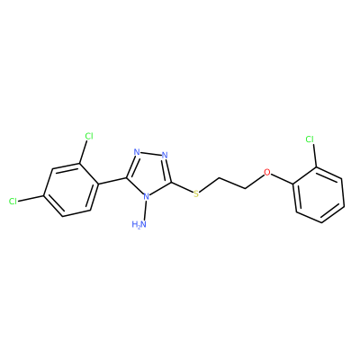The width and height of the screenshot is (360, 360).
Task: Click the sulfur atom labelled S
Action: point(196,193)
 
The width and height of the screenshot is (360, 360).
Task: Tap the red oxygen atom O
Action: point(266,172)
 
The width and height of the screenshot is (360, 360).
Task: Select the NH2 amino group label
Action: point(139,224)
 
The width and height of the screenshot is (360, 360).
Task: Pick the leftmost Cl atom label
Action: point(13,201)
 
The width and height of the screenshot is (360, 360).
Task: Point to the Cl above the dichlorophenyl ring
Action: point(89,136)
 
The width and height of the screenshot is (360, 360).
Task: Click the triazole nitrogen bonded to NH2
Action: point(146,197)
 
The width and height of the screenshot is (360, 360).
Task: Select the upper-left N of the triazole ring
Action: point(137,152)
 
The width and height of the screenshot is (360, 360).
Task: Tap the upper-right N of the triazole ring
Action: point(165,156)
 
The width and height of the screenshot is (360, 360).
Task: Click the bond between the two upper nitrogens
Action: point(151,154)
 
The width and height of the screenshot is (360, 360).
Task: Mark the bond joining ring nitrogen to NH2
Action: point(145,211)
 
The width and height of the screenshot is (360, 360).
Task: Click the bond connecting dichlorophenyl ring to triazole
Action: point(112,180)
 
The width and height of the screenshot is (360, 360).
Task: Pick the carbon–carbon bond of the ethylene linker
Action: point(233,184)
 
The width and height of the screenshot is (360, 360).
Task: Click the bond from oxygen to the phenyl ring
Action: point(283,179)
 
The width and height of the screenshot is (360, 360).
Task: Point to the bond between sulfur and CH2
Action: point(210,184)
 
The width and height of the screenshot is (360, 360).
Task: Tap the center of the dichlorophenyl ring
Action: point(71,190)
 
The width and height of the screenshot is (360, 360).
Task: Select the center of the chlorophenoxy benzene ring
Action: point(319,194)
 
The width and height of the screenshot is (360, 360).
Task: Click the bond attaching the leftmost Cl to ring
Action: point(31,199)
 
